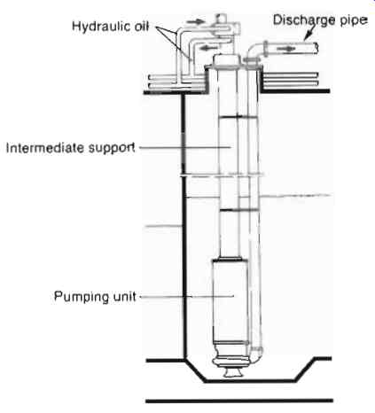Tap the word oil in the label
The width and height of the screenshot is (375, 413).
pyautogui.click(x=142, y=26)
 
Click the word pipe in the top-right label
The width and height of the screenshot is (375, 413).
pyautogui.click(x=354, y=20)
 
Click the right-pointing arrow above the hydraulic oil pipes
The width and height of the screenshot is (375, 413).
pyautogui.click(x=195, y=21)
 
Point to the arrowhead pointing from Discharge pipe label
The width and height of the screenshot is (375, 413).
pyautogui.click(x=307, y=37)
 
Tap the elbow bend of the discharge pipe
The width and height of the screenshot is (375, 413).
pyautogui.click(x=253, y=50)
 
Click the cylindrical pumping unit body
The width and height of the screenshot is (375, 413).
pyautogui.click(x=230, y=300)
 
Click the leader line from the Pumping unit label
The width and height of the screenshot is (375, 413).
pyautogui.click(x=187, y=296)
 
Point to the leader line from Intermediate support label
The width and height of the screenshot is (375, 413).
pyautogui.click(x=185, y=147)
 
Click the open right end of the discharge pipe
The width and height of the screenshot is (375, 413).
pyautogui.click(x=316, y=48)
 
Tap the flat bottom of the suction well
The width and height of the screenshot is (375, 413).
pyautogui.click(x=250, y=381)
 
